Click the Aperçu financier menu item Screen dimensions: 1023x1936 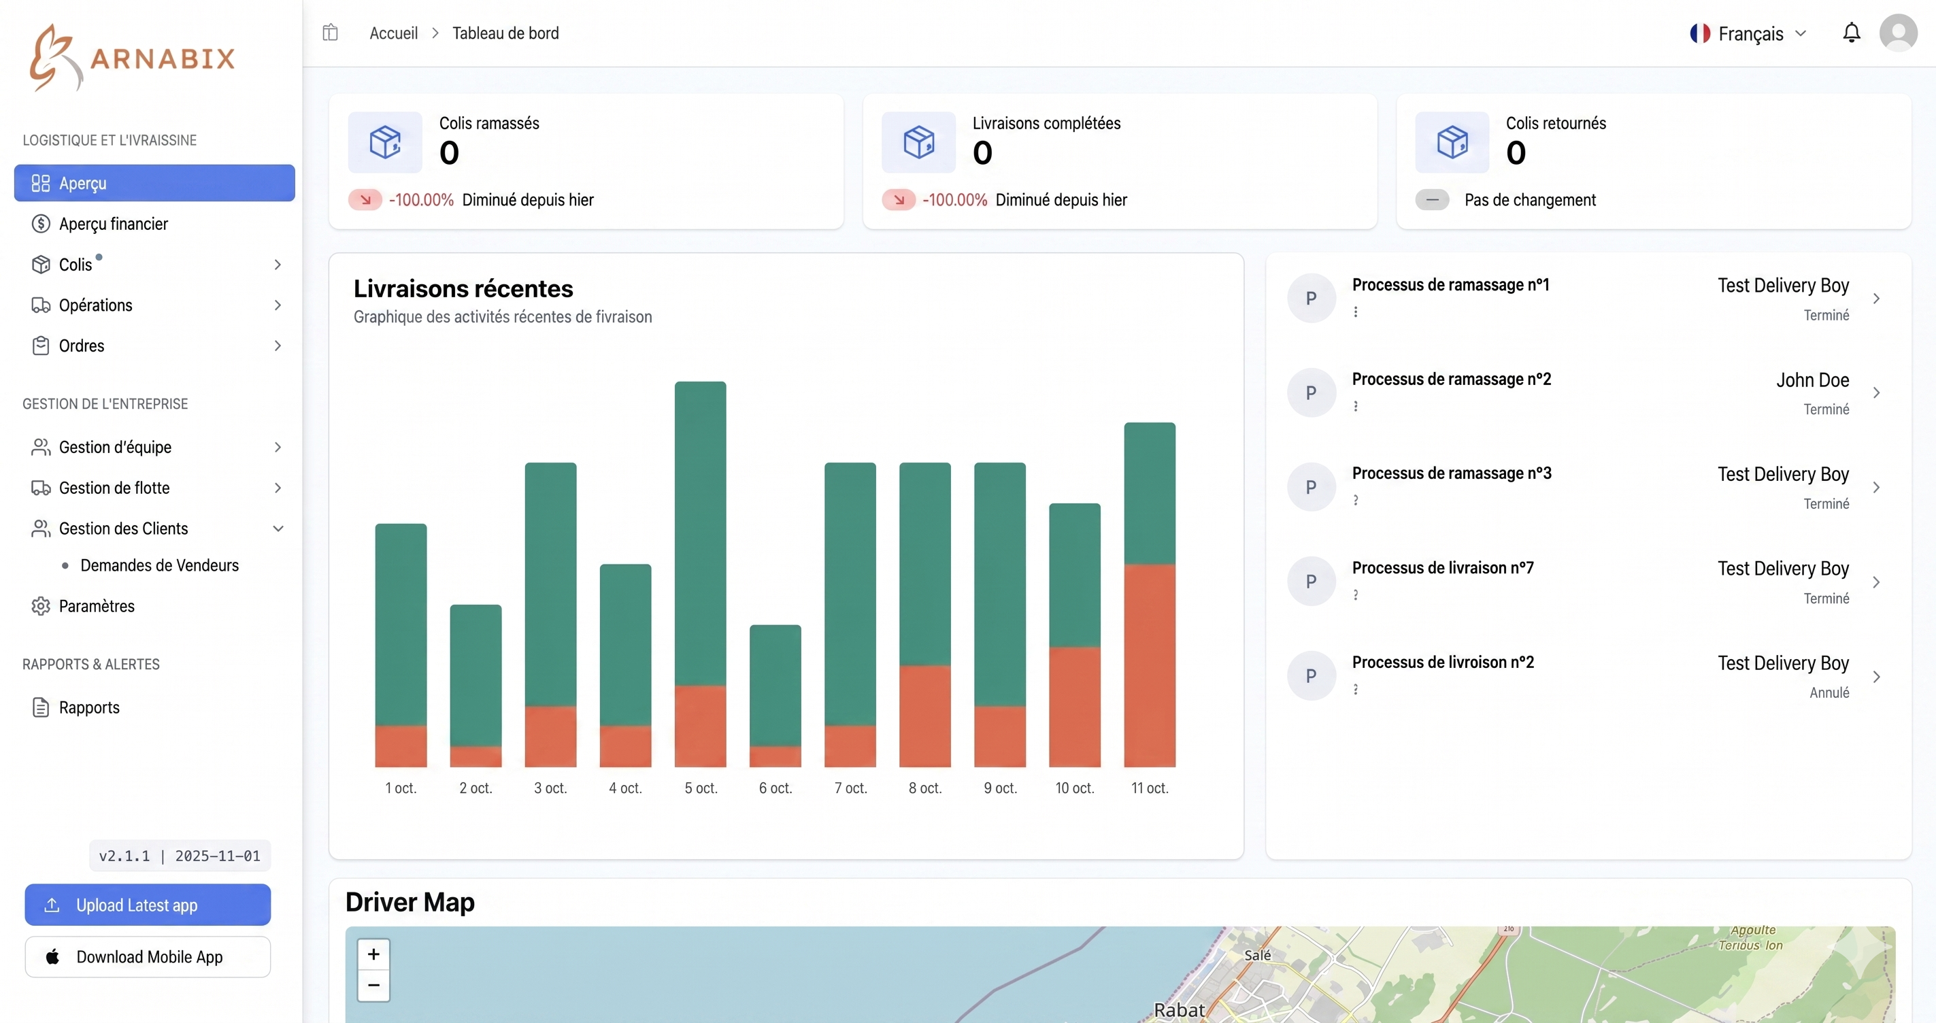tap(113, 224)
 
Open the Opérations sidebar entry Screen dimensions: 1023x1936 tap(95, 305)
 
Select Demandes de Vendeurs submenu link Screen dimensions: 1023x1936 tap(159, 565)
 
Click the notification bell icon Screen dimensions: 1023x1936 tap(1851, 33)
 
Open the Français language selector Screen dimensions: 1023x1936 tap(1748, 34)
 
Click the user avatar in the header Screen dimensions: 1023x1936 tap(1898, 33)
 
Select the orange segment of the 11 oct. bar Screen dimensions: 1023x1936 tap(1149, 665)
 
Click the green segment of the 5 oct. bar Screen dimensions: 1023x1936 tap(700, 534)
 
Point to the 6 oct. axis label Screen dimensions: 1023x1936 tap(775, 788)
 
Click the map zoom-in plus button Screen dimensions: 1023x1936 tap(373, 954)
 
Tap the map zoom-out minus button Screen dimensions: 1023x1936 tap(373, 985)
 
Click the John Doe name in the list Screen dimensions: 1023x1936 tap(1812, 380)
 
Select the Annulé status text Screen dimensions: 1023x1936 tap(1829, 692)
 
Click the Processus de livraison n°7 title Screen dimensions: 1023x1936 tap(1442, 567)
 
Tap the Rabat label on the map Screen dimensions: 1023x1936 tap(1178, 1009)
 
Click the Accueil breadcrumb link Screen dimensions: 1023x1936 tap(393, 33)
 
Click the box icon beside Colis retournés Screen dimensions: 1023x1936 tap(1451, 142)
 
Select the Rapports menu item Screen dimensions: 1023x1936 tap(88, 707)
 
